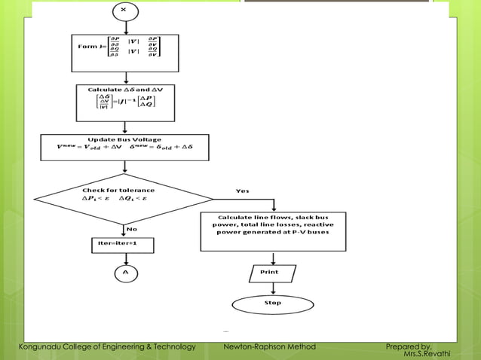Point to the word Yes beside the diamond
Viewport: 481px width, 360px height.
pyautogui.click(x=242, y=191)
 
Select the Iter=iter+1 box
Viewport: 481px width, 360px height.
pyautogui.click(x=121, y=246)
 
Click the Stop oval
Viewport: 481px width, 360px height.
pyautogui.click(x=272, y=303)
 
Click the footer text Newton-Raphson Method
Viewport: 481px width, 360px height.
pyautogui.click(x=270, y=346)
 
